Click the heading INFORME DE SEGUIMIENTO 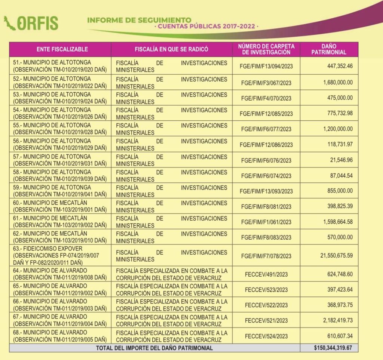tap(139, 20)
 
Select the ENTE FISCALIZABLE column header tap(62, 49)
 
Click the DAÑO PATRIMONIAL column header tap(329, 49)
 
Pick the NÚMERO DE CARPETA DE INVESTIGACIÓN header tap(266, 49)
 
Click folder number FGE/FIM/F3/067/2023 tap(266, 83)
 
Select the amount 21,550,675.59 tap(336, 256)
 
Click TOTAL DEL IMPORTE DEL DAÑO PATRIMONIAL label tap(154, 348)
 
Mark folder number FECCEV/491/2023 tap(266, 274)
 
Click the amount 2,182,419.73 tap(336, 320)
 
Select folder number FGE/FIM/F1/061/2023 tap(266, 222)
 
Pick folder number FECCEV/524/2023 tap(266, 336)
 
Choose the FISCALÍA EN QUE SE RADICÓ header tap(171, 49)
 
